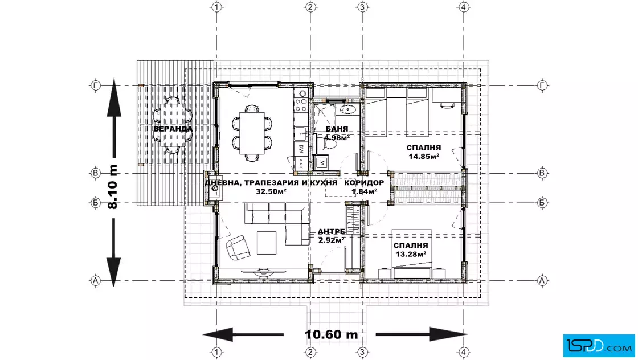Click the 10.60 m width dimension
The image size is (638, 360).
click(331, 334)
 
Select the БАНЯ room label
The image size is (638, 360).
click(337, 129)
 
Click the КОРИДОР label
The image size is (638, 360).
click(364, 183)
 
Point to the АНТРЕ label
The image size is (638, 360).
click(331, 231)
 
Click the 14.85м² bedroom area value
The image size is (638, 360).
click(424, 156)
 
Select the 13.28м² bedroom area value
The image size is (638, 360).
click(411, 254)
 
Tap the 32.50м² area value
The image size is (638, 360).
click(271, 191)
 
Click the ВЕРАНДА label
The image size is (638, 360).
click(173, 129)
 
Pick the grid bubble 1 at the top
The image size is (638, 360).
click(216, 7)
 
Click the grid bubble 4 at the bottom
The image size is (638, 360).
click(464, 352)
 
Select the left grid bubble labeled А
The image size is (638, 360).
click(95, 281)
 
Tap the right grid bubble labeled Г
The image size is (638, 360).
click(542, 85)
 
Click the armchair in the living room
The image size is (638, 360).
click(238, 247)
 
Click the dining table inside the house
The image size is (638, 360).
click(252, 133)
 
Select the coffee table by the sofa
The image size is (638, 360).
click(267, 243)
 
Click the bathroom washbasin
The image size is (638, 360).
click(348, 109)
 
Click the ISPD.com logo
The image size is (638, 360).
click(599, 346)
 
